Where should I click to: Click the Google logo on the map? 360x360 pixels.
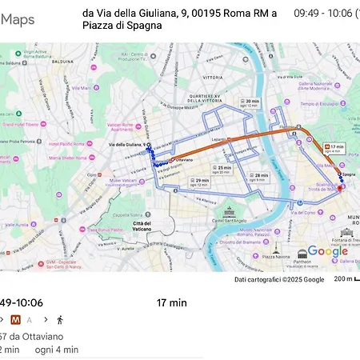click(327, 251)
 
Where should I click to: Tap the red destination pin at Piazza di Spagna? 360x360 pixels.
click(339, 188)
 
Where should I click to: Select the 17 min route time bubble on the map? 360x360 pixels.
click(334, 148)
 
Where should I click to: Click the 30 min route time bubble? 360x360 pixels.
click(250, 103)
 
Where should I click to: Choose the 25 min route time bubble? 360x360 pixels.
click(222, 169)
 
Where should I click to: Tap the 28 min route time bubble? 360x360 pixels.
click(258, 176)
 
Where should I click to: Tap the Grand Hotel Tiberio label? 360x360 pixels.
click(22, 125)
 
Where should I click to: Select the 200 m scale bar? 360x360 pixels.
click(346, 279)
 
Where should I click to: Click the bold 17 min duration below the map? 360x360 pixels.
click(171, 302)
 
